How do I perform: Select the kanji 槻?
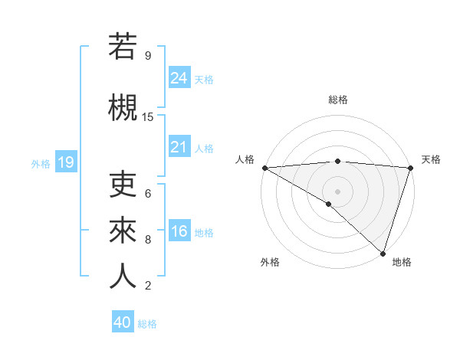coord(123,108)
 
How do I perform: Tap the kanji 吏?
coord(123,185)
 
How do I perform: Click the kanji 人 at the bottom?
coord(123,275)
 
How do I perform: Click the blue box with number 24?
coord(179,77)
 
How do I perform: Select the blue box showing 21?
coord(179,146)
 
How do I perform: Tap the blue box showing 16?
coord(179,231)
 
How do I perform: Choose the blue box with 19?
coord(66,162)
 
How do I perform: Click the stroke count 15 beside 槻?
coord(148,117)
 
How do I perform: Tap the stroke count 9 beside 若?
coord(148,55)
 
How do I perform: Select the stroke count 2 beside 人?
coord(148,286)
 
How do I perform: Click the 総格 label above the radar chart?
coord(337,100)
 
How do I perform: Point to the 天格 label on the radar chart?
coord(432,159)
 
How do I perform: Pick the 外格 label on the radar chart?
coord(270,262)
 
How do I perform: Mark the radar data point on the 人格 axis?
coord(264,168)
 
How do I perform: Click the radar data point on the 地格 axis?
coord(383,253)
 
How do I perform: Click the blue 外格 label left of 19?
coord(41,163)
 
